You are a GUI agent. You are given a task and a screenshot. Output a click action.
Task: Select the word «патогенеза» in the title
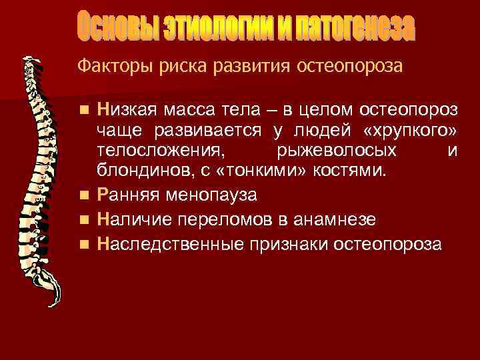[x=357, y=27]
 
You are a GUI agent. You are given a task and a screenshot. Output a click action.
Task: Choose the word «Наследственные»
[x=169, y=242]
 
